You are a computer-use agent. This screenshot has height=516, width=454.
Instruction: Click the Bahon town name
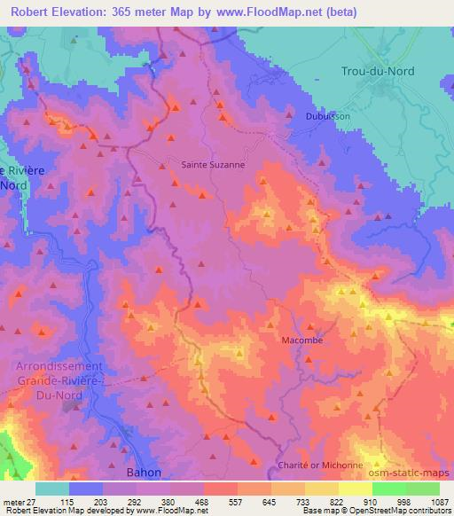144,473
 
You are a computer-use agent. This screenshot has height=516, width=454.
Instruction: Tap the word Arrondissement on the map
59,366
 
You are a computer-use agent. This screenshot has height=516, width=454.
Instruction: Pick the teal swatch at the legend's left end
52,489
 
